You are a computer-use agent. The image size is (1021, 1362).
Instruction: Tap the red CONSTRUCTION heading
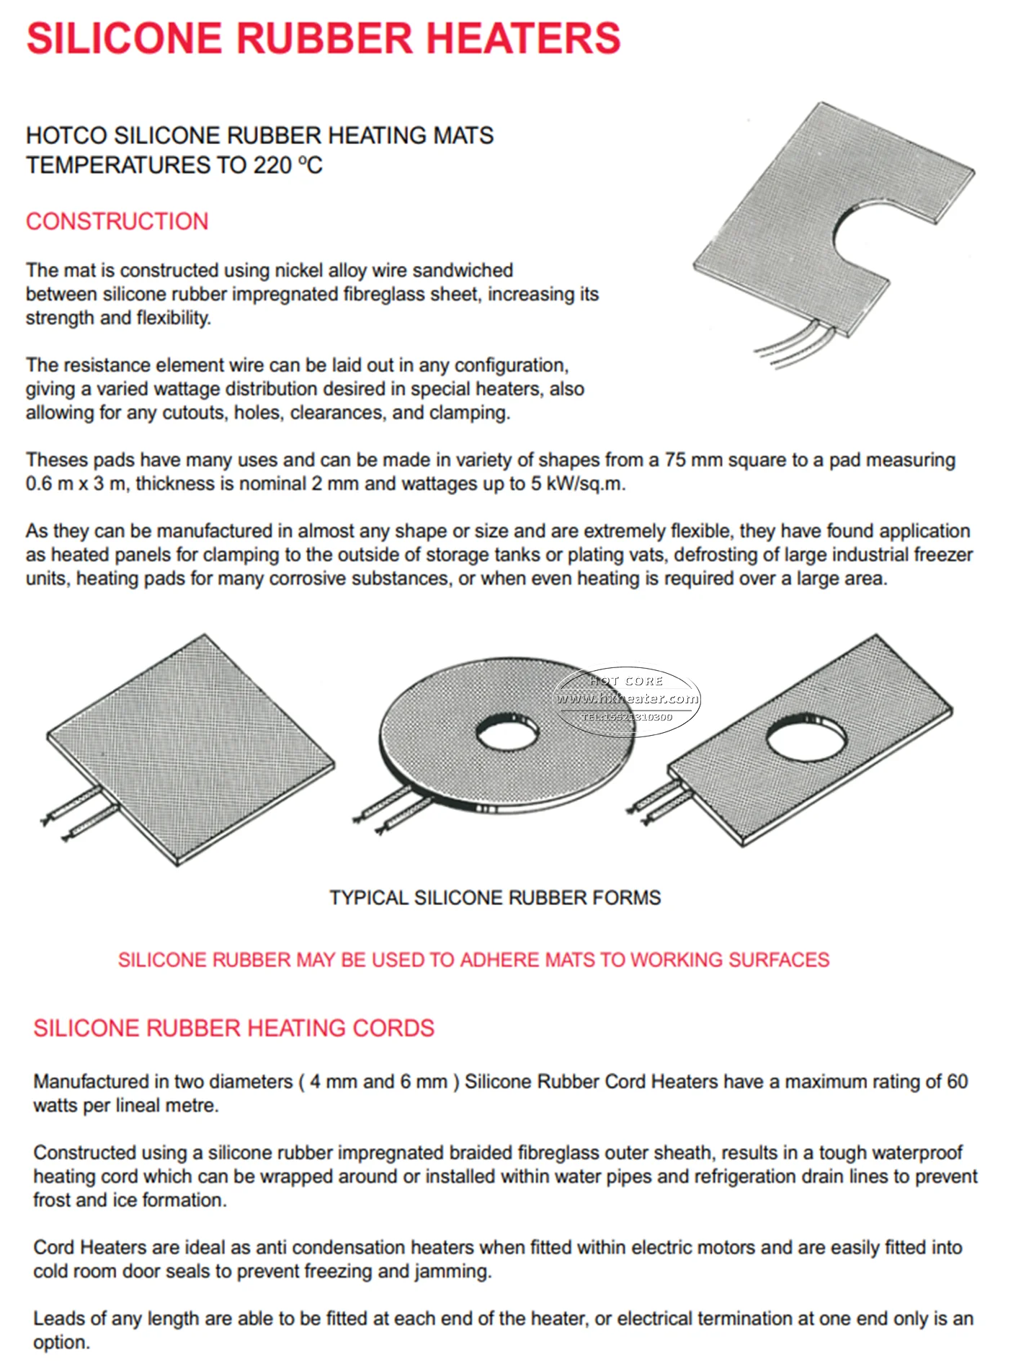[x=117, y=221]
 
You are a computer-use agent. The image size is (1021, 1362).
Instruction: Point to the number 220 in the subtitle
[x=272, y=166]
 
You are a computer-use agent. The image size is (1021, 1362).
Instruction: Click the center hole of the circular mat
[x=507, y=733]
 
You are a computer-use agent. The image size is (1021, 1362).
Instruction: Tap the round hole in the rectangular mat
[x=806, y=735]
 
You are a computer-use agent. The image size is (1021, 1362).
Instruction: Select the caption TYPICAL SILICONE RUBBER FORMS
[x=495, y=898]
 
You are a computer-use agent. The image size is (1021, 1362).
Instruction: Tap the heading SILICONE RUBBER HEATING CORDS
[x=233, y=1028]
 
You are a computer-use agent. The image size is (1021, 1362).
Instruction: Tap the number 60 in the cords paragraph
[x=957, y=1082]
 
